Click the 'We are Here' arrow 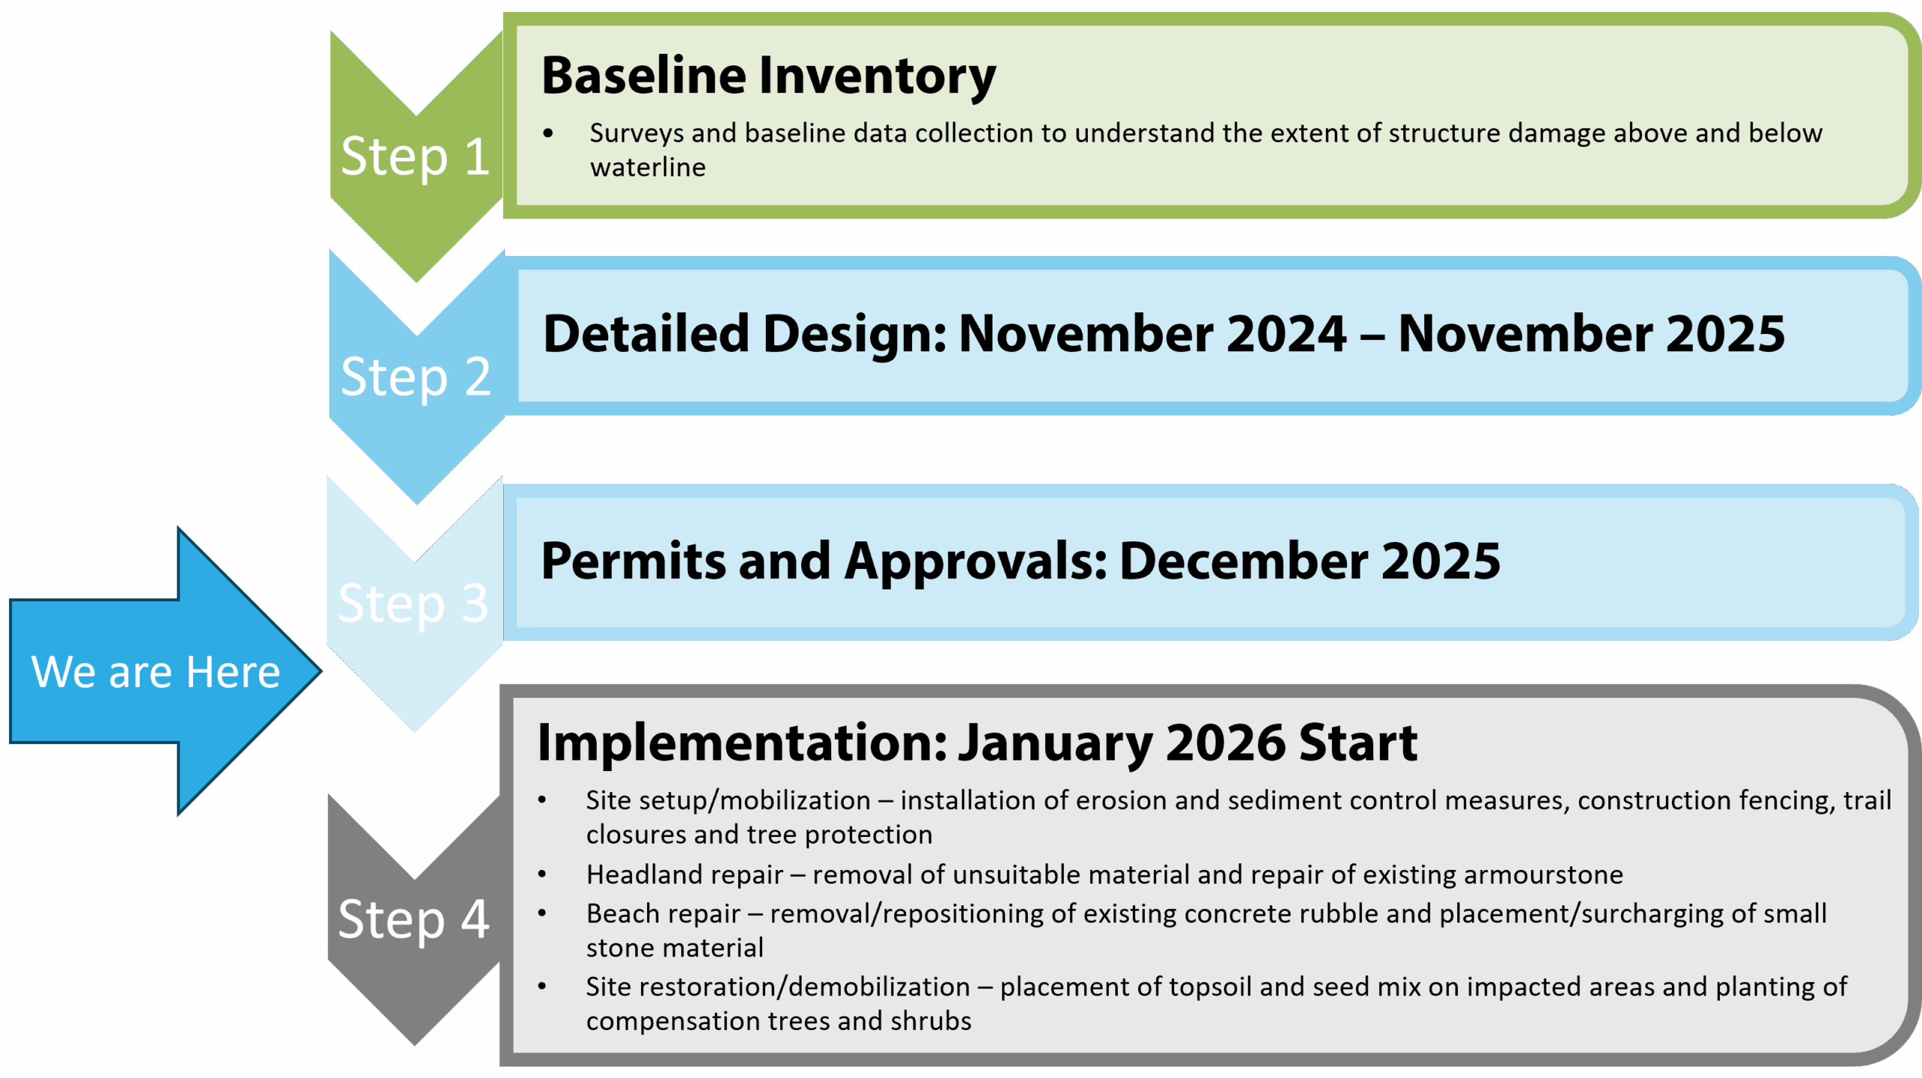pyautogui.click(x=165, y=670)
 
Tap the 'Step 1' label pyautogui.click(x=415, y=158)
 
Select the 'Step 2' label pyautogui.click(x=415, y=378)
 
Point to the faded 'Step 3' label pyautogui.click(x=413, y=604)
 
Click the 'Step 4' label pyautogui.click(x=414, y=920)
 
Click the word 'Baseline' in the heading pyautogui.click(x=643, y=76)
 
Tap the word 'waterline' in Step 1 pyautogui.click(x=648, y=167)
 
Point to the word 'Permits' pyautogui.click(x=633, y=561)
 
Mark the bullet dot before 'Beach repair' pyautogui.click(x=542, y=914)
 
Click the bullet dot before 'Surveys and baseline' pyautogui.click(x=548, y=134)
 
